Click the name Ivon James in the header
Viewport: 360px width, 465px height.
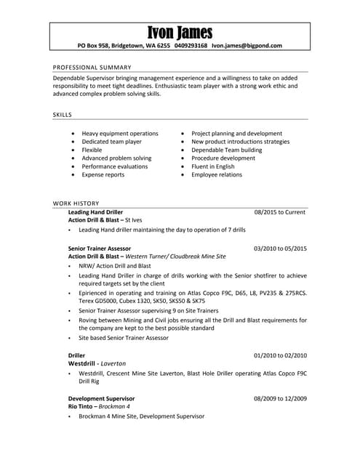click(x=180, y=33)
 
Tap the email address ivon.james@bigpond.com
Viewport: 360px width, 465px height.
click(x=247, y=46)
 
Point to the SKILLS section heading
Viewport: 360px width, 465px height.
click(x=63, y=115)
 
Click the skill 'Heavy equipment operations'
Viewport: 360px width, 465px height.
click(x=120, y=134)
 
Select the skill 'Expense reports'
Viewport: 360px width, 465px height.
click(x=103, y=174)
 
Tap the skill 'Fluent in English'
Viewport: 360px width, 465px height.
click(x=212, y=166)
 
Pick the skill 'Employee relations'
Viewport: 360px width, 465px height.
click(x=217, y=174)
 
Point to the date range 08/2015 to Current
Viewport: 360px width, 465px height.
click(x=279, y=211)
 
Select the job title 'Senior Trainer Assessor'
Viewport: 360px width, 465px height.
click(x=99, y=248)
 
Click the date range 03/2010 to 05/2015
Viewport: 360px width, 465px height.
click(x=280, y=248)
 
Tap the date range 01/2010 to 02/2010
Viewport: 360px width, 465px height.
click(x=280, y=355)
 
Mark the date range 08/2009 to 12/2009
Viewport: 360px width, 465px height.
click(x=280, y=398)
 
